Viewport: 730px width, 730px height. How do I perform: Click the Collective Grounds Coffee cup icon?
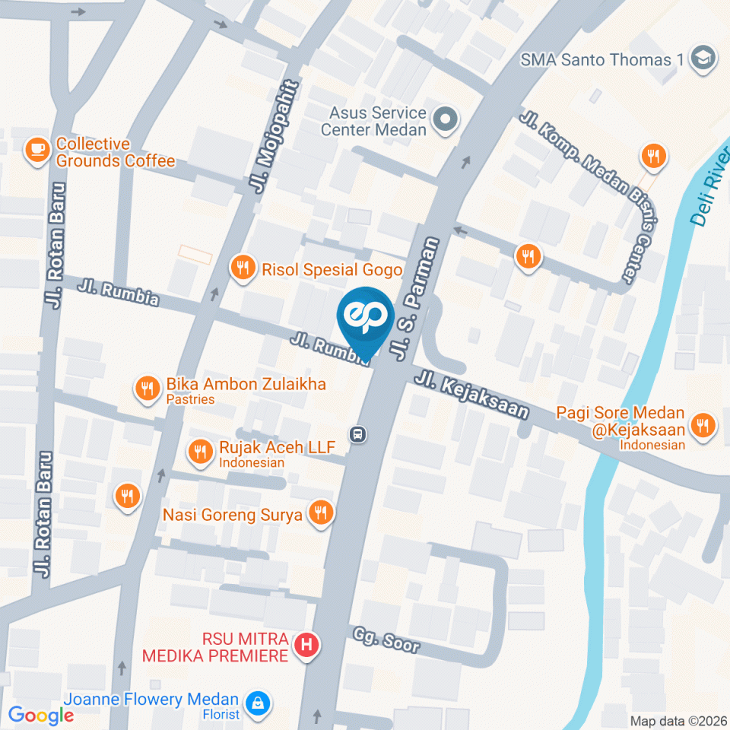(37, 150)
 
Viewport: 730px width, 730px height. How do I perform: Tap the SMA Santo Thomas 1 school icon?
(703, 59)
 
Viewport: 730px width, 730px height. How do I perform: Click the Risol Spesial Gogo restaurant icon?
(243, 268)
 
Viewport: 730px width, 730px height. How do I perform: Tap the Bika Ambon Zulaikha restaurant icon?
(146, 389)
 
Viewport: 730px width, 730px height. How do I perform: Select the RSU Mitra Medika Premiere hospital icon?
(307, 646)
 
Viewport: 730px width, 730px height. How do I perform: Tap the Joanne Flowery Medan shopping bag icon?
(258, 701)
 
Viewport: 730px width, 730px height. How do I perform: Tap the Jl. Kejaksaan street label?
(471, 394)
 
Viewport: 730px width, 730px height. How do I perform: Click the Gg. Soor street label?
(386, 640)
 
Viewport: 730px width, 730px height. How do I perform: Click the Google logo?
(41, 716)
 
